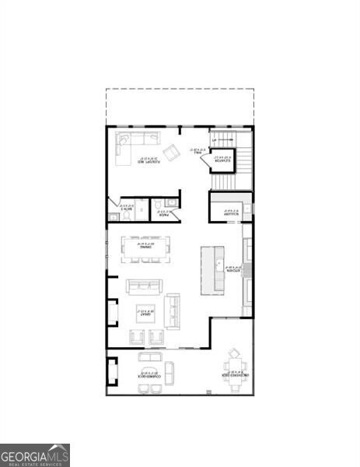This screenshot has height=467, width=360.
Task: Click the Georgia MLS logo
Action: click(x=35, y=455)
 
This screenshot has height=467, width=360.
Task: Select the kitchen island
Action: click(x=212, y=269)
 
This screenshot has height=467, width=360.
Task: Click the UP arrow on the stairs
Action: click(x=215, y=141)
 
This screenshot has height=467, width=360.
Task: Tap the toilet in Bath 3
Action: click(x=114, y=216)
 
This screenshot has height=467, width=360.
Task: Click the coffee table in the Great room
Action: click(x=145, y=314)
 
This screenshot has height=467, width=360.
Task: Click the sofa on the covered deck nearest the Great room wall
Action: click(x=150, y=358)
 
